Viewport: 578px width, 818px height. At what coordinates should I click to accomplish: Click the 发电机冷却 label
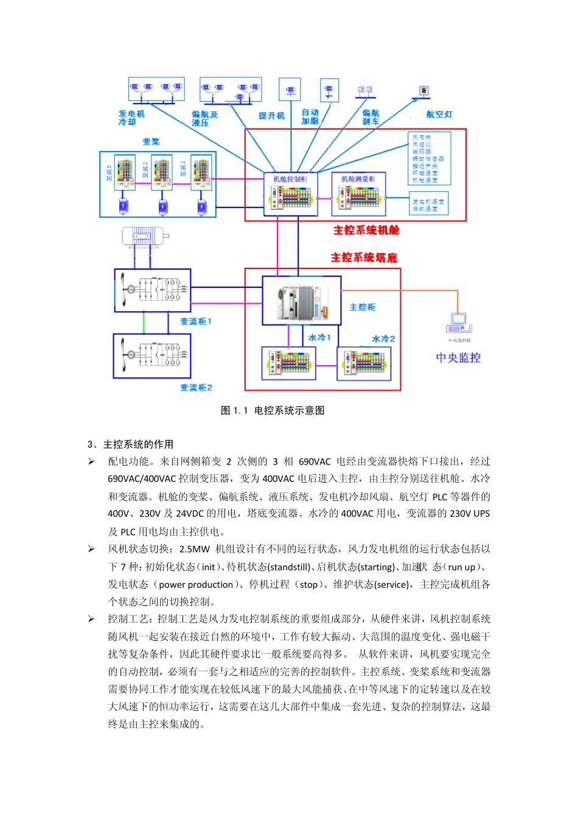[x=131, y=117]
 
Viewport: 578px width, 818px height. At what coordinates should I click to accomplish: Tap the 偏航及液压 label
[x=204, y=118]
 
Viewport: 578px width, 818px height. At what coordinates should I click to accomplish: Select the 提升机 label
[x=271, y=116]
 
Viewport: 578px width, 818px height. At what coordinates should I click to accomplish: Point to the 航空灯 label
[x=439, y=114]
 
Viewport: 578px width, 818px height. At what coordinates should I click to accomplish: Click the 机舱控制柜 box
[x=291, y=194]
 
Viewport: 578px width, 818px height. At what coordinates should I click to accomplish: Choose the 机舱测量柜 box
[x=358, y=194]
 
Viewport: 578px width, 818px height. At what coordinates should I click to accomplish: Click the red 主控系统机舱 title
[x=366, y=230]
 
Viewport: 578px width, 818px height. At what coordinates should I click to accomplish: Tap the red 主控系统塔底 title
[x=364, y=257]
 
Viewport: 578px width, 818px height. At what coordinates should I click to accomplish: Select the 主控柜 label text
[x=362, y=307]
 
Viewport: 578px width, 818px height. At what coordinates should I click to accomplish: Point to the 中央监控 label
[x=458, y=358]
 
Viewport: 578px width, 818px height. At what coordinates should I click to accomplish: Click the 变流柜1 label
[x=195, y=321]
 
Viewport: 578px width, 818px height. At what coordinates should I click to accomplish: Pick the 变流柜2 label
[x=196, y=387]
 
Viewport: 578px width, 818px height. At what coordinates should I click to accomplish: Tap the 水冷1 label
[x=319, y=337]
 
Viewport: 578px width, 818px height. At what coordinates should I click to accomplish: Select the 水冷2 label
[x=383, y=338]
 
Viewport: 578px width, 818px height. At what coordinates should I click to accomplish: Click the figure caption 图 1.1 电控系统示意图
[x=272, y=410]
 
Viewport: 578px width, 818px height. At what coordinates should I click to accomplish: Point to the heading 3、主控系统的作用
[x=130, y=444]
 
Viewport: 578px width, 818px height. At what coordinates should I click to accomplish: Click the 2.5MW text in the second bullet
[x=194, y=549]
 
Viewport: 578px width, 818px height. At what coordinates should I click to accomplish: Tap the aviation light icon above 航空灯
[x=423, y=91]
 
